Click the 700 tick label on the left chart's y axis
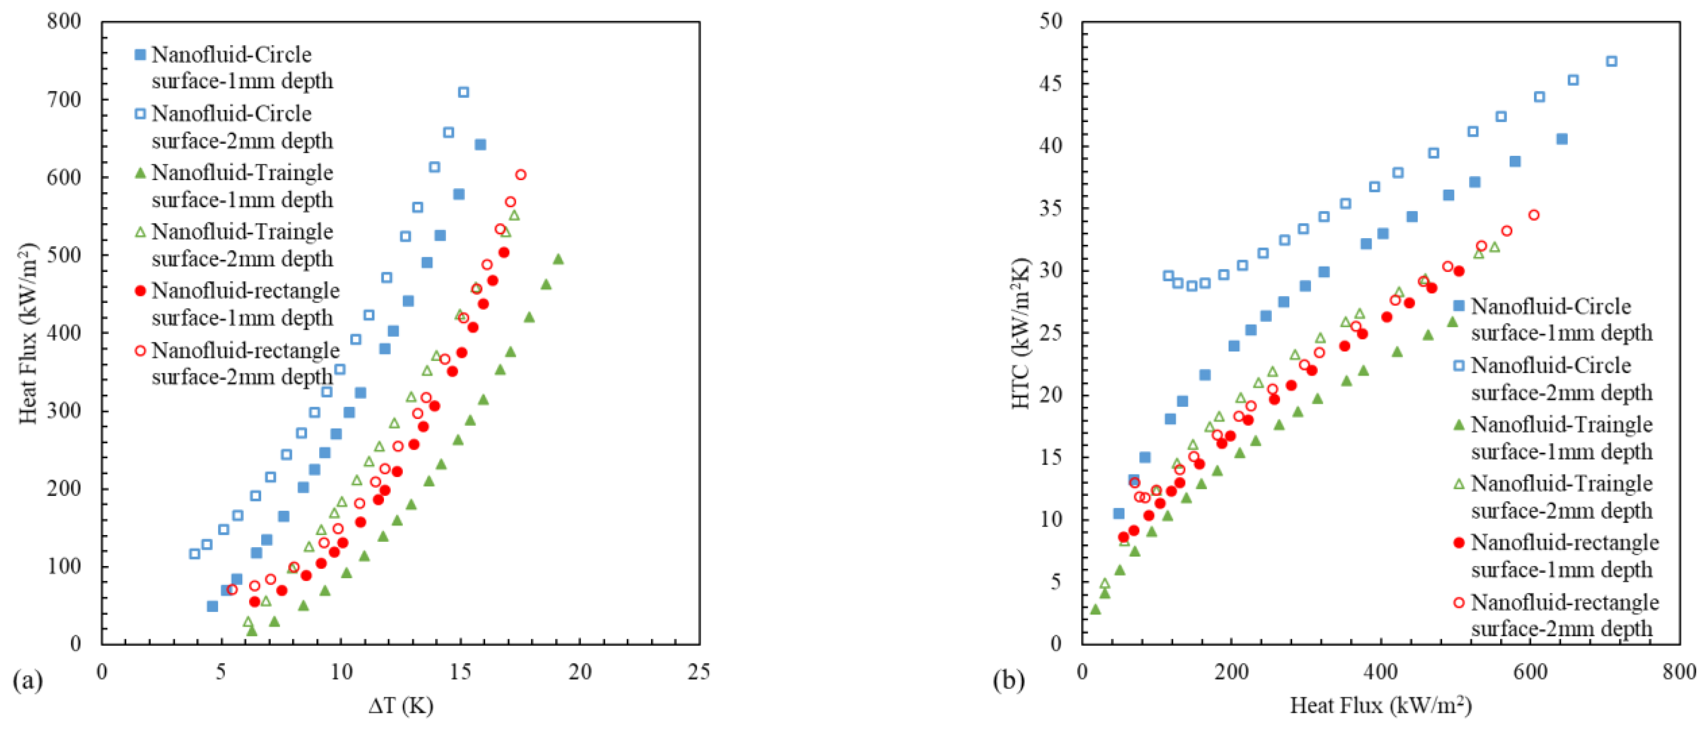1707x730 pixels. tap(64, 99)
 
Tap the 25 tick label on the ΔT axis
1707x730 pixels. tap(699, 672)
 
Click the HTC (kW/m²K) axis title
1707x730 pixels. tap(1021, 332)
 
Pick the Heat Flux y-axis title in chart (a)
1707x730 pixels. tap(28, 332)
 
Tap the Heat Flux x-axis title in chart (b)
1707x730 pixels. tap(1380, 706)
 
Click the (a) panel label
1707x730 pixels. tap(28, 680)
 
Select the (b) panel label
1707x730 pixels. tap(1008, 680)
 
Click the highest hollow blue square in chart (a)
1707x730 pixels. tap(463, 92)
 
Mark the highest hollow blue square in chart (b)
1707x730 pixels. tap(1612, 62)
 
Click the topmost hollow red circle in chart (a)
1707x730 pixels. tap(521, 175)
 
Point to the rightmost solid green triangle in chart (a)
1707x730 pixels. tap(558, 259)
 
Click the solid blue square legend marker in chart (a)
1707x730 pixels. tap(140, 55)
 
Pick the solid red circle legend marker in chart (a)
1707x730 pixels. tap(140, 292)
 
